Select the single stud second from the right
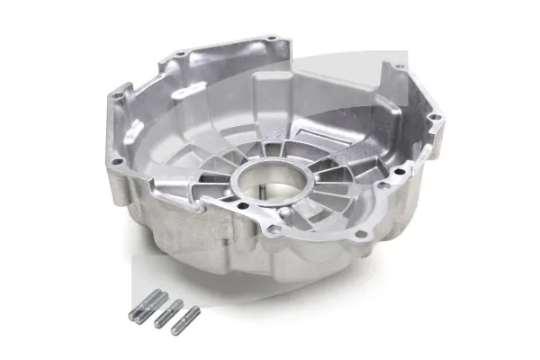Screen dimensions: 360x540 point(168,312)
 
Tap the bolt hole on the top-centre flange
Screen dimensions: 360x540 point(272,41)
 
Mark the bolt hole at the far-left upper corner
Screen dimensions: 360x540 point(117,91)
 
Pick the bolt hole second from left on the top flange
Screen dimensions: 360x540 point(181,55)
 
